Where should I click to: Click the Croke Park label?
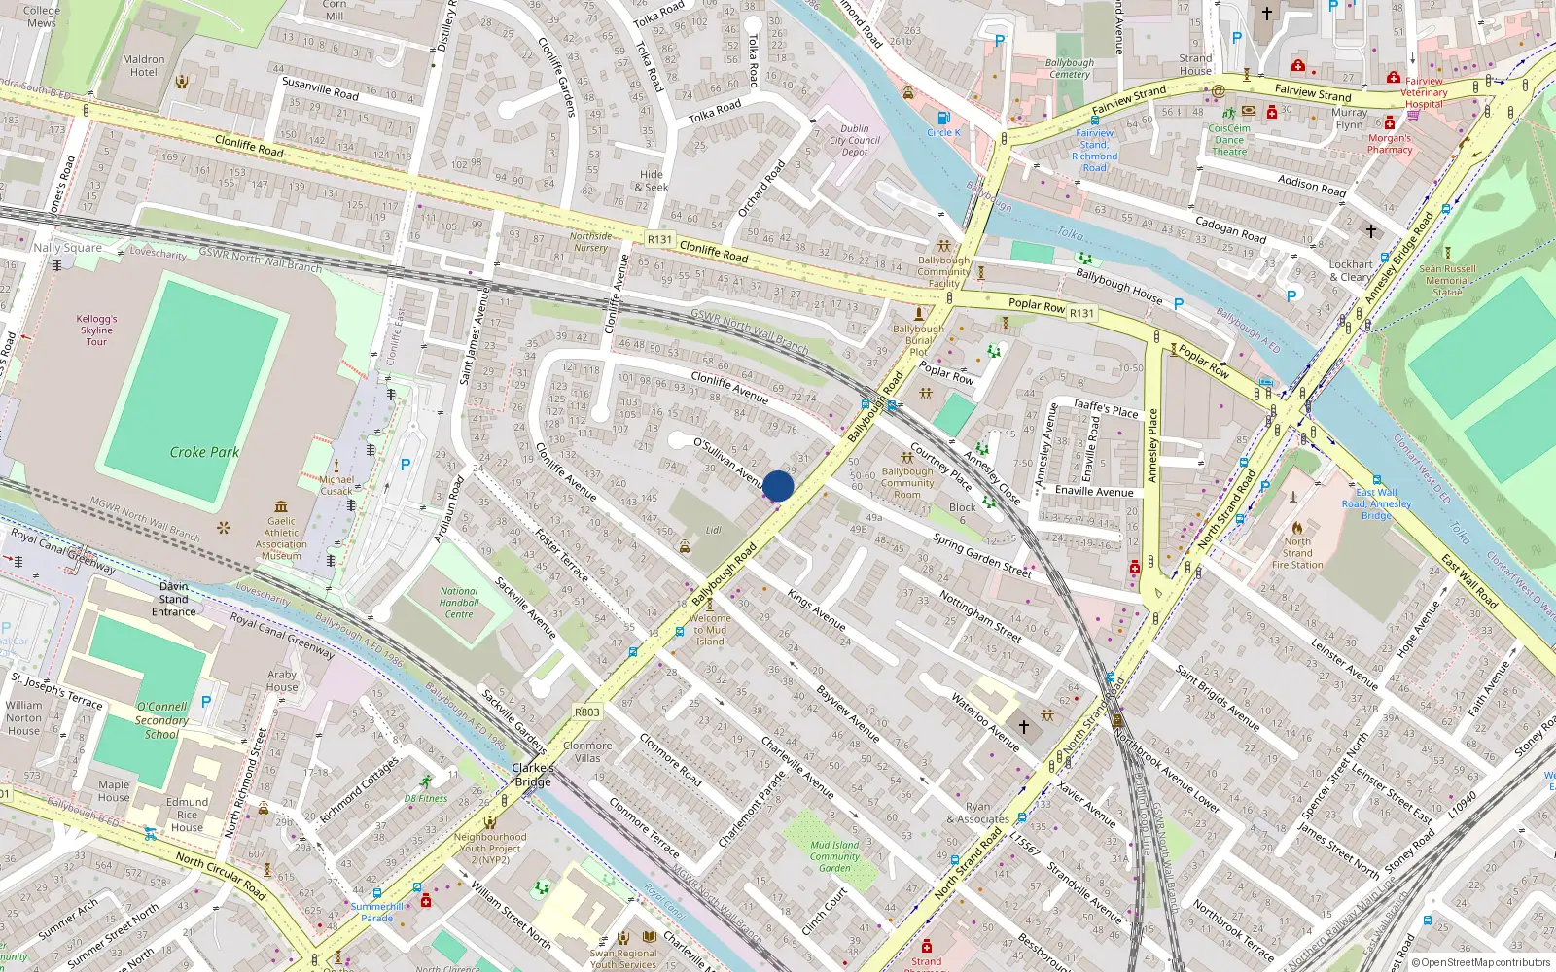pos(204,452)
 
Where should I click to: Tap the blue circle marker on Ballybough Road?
pos(778,486)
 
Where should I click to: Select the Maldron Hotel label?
pos(144,65)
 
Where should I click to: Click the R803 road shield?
pos(586,712)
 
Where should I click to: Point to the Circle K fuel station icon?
pos(942,118)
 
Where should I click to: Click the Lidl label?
pos(714,531)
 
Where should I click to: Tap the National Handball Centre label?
pos(459,603)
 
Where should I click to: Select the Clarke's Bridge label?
pos(533,775)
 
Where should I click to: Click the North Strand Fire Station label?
pos(1297,553)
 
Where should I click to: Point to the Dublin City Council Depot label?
pos(855,140)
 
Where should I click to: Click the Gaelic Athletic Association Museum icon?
pos(281,506)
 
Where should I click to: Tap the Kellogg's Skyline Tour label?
pos(96,330)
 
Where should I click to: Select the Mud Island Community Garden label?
pos(834,856)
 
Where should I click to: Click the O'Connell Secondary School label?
pos(161,720)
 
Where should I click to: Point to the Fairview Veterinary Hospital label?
pos(1424,92)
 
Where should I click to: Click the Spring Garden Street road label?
pos(982,555)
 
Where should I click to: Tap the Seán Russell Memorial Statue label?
pos(1447,280)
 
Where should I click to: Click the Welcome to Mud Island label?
pos(710,630)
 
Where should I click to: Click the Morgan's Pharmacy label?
pos(1390,144)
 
